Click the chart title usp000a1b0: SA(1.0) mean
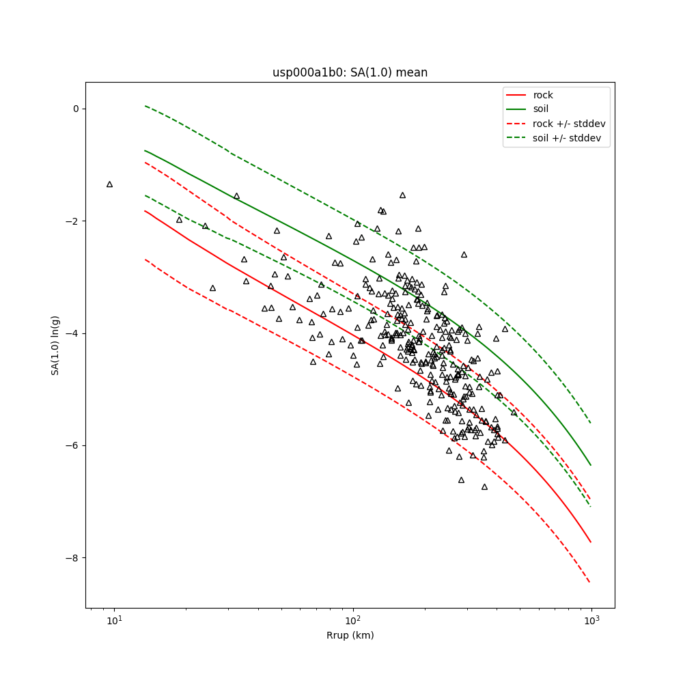click(350, 72)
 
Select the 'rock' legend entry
click(543, 95)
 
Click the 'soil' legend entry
click(541, 109)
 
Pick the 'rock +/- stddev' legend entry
click(569, 124)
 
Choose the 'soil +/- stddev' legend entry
click(568, 137)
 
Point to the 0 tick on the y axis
click(76, 109)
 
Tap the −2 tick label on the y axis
click(73, 221)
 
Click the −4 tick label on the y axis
click(73, 333)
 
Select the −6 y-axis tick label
click(73, 445)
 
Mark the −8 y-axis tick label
click(73, 558)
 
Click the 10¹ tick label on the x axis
click(114, 620)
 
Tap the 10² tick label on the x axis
click(352, 620)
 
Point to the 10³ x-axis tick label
click(591, 620)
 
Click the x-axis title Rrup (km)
click(350, 635)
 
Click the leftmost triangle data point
click(109, 184)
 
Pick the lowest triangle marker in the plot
click(484, 487)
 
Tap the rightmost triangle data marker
click(514, 413)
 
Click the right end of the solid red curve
click(591, 542)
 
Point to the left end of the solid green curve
click(145, 150)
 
